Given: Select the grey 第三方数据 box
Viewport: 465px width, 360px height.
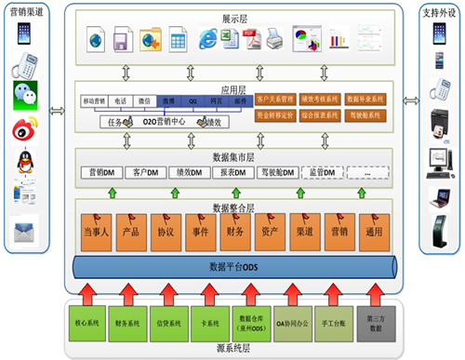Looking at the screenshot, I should pyautogui.click(x=375, y=325).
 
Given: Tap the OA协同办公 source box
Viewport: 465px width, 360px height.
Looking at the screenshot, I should pyautogui.click(x=291, y=325).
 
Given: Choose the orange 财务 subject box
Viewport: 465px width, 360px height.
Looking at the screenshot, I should pyautogui.click(x=234, y=230).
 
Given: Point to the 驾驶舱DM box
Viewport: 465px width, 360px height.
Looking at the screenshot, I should pyautogui.click(x=279, y=172).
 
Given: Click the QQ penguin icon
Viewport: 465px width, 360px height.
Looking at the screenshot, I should pyautogui.click(x=26, y=164).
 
